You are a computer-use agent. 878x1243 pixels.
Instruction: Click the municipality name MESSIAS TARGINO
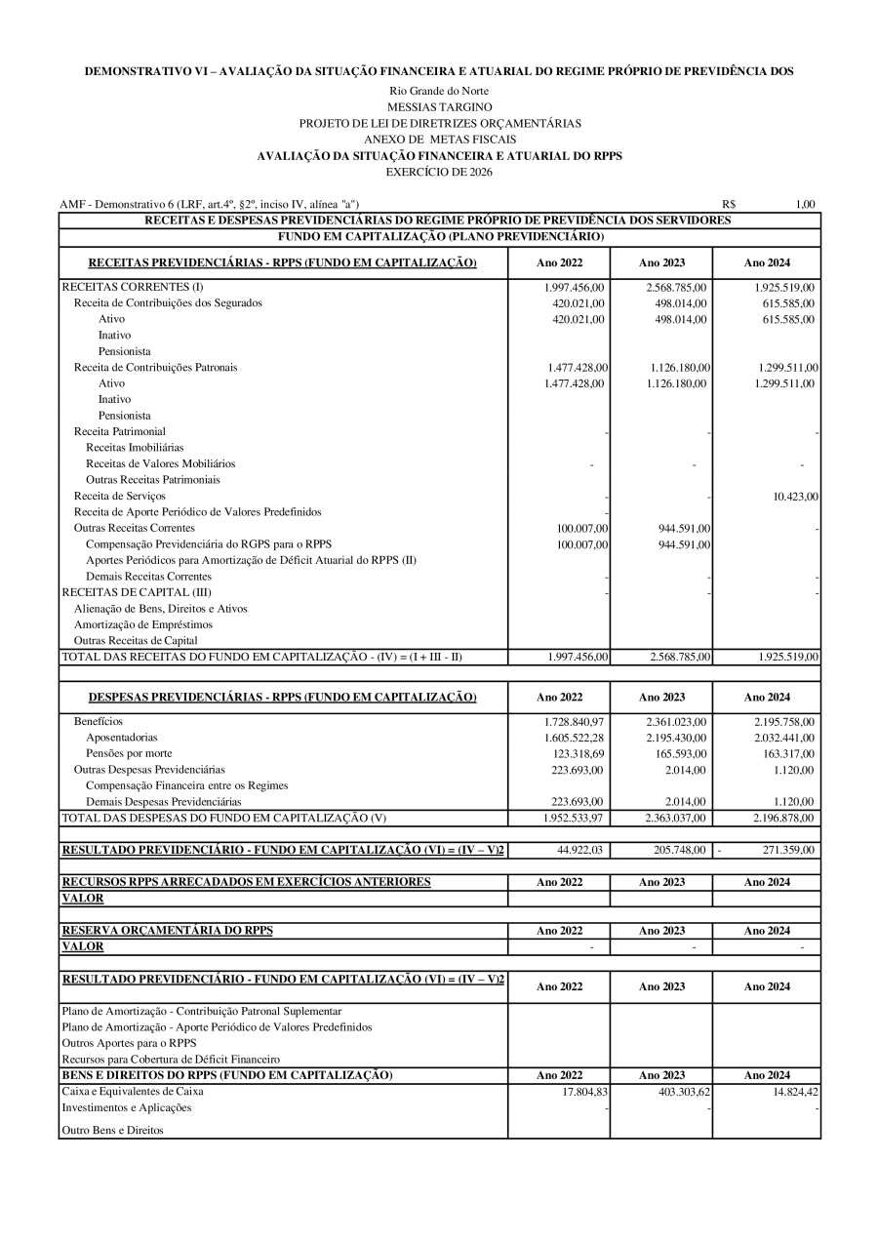pos(439,106)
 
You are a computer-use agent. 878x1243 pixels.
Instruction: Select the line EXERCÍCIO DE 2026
pos(439,172)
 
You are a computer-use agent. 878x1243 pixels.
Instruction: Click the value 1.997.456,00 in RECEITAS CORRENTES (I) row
pos(575,288)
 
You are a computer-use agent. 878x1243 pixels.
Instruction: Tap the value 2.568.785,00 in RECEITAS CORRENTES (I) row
pos(676,288)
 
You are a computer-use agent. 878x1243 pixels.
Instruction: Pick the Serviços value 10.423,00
pos(795,497)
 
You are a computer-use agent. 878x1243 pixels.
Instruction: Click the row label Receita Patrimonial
pos(120,431)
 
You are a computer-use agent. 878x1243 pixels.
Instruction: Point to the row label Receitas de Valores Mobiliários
pos(160,463)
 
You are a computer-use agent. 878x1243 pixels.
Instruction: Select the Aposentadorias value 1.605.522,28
pos(574,738)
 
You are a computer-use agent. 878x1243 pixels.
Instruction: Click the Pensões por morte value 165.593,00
pos(676,754)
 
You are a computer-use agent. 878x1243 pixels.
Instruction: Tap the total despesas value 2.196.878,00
pos(783,818)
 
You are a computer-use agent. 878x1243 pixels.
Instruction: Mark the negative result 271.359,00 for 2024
pos(787,850)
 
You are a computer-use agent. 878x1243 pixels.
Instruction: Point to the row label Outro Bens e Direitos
pos(112,1130)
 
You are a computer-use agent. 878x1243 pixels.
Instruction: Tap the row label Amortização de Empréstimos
pos(143,624)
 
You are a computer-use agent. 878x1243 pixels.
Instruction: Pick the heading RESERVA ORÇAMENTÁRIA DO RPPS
pos(167,931)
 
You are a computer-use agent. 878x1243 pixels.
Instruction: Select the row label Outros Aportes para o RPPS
pos(129,1043)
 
